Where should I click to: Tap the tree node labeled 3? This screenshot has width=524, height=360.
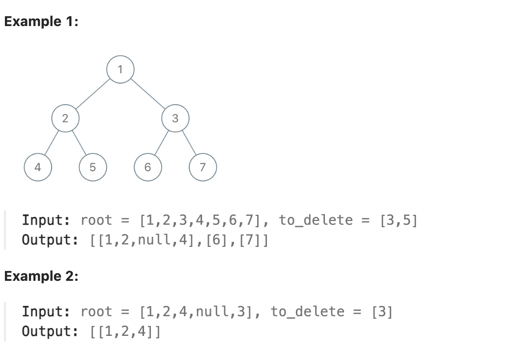pyautogui.click(x=175, y=118)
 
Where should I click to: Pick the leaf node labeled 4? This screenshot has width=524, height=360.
pyautogui.click(x=38, y=167)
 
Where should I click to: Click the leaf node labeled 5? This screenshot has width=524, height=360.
pyautogui.click(x=92, y=167)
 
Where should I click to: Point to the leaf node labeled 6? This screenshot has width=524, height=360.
pyautogui.click(x=147, y=167)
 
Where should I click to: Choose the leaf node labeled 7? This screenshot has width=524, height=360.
pyautogui.click(x=202, y=167)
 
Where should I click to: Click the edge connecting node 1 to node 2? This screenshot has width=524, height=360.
pyautogui.click(x=93, y=93)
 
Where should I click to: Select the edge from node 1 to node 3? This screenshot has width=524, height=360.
pyautogui.click(x=148, y=93)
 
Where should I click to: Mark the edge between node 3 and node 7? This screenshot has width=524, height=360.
pyautogui.click(x=189, y=143)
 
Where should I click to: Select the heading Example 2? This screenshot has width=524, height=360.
pyautogui.click(x=41, y=276)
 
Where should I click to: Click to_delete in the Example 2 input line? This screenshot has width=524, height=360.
pyautogui.click(x=308, y=311)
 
